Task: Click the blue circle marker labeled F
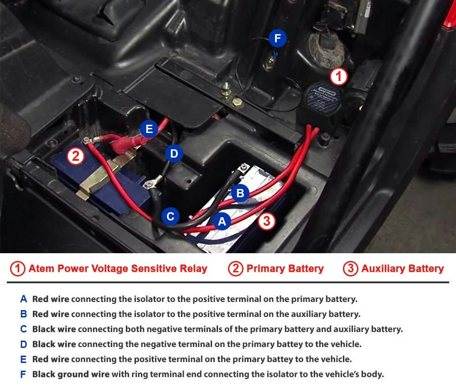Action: pyautogui.click(x=277, y=38)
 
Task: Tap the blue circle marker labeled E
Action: pyautogui.click(x=149, y=129)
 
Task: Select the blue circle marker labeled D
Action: pyautogui.click(x=174, y=153)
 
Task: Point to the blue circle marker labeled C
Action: pyautogui.click(x=171, y=216)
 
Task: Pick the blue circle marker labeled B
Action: pyautogui.click(x=240, y=193)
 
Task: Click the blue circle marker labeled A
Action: pyautogui.click(x=222, y=221)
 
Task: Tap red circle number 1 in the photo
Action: pyautogui.click(x=338, y=77)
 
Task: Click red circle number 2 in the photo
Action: pyautogui.click(x=76, y=156)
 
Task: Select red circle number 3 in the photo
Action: pyautogui.click(x=267, y=221)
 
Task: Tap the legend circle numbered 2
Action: pyautogui.click(x=236, y=268)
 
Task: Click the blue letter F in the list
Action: pyautogui.click(x=23, y=374)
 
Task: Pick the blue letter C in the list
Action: pyautogui.click(x=24, y=329)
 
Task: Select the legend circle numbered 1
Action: pyautogui.click(x=17, y=268)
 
